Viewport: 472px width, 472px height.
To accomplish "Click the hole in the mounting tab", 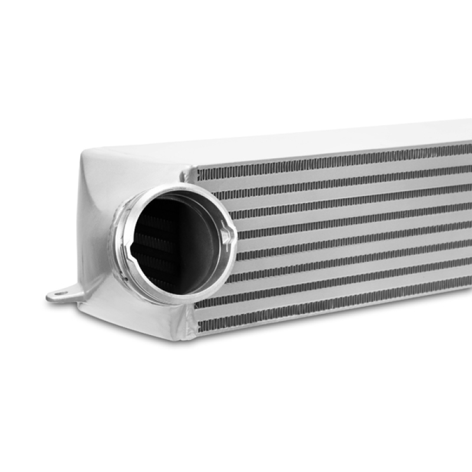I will pos(58,294).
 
